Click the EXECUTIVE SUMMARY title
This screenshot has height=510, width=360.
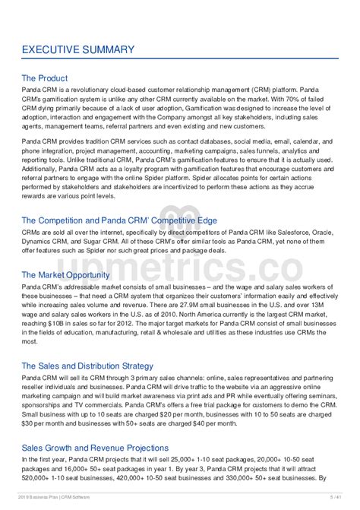click(x=78, y=50)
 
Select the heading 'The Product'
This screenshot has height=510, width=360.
click(x=45, y=78)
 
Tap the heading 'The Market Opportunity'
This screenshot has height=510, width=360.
click(x=67, y=274)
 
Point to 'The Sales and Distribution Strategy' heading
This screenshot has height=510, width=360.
click(x=87, y=366)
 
